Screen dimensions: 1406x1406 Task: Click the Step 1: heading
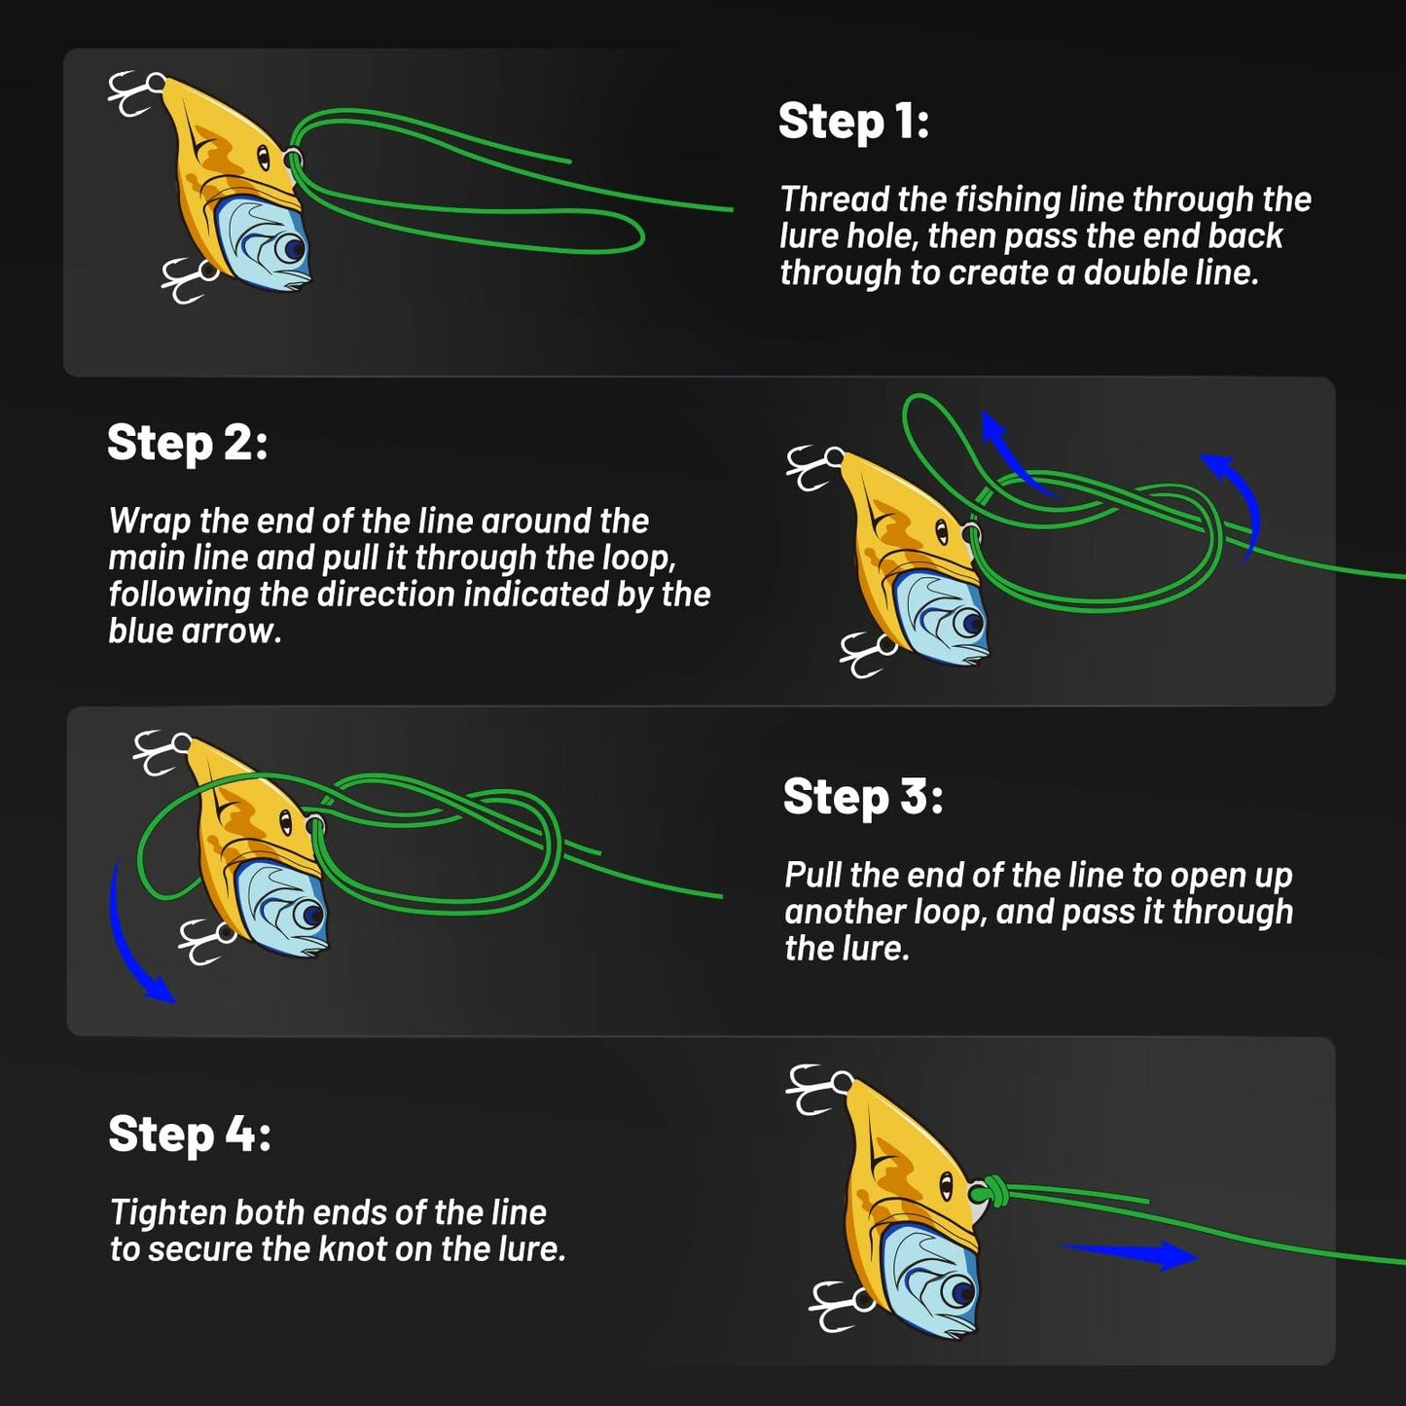(x=853, y=123)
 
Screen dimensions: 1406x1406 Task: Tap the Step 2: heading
(x=187, y=444)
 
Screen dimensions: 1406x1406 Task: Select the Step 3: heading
(x=862, y=797)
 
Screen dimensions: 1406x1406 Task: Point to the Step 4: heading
(x=190, y=1135)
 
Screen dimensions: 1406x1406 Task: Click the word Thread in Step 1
(x=835, y=199)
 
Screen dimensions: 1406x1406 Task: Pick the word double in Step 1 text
(x=1130, y=273)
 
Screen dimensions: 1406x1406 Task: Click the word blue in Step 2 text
(x=140, y=631)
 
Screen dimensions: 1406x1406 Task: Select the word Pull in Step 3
(x=812, y=876)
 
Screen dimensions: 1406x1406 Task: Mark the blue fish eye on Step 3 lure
(x=311, y=914)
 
